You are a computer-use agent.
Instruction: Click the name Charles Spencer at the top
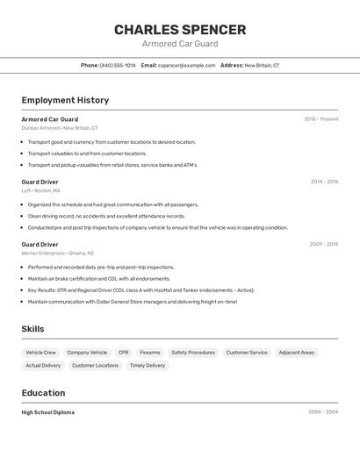180,30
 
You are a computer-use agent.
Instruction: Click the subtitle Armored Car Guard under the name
180,44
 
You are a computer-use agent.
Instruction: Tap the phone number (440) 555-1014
118,65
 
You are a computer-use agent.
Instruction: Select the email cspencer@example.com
186,65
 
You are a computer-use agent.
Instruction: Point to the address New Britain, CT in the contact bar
262,65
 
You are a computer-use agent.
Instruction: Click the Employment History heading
65,100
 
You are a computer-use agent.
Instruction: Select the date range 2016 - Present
321,119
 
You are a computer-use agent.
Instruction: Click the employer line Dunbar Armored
60,128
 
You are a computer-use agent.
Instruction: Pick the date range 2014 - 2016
324,182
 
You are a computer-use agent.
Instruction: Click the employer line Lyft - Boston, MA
41,190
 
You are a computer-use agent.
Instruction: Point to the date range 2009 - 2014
324,245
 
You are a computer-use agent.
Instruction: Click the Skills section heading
32,329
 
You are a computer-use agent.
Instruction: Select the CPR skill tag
124,353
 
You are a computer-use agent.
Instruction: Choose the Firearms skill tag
150,353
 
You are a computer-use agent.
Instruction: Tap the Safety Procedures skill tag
193,353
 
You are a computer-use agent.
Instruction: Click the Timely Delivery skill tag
148,365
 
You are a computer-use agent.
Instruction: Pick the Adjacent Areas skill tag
296,353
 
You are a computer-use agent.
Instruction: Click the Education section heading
43,393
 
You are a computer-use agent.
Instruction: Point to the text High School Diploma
48,412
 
